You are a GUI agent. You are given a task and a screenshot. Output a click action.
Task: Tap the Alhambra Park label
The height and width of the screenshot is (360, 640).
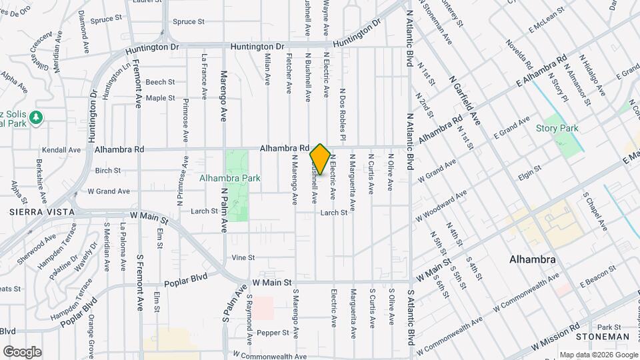pos(230,178)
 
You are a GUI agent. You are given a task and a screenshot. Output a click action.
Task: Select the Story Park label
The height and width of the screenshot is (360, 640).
pos(557,128)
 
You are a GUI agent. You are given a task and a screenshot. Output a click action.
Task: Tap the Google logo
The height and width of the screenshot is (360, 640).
pos(22,351)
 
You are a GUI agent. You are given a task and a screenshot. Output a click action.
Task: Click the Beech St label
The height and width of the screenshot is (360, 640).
pos(160,82)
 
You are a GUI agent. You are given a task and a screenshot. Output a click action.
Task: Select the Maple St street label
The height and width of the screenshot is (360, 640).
pos(160,98)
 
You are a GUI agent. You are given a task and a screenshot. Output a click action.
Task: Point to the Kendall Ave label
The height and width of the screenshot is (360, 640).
pos(61,151)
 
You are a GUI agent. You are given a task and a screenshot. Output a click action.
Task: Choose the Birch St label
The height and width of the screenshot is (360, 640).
pos(107,171)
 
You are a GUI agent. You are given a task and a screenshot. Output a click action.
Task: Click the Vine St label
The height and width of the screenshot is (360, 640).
pos(243,257)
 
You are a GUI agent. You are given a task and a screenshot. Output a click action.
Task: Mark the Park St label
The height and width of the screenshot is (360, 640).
pos(609,327)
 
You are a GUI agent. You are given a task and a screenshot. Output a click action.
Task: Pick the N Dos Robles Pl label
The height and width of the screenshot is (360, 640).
pos(341,115)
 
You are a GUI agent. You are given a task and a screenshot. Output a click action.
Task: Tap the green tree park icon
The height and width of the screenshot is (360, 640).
pos(36,118)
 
